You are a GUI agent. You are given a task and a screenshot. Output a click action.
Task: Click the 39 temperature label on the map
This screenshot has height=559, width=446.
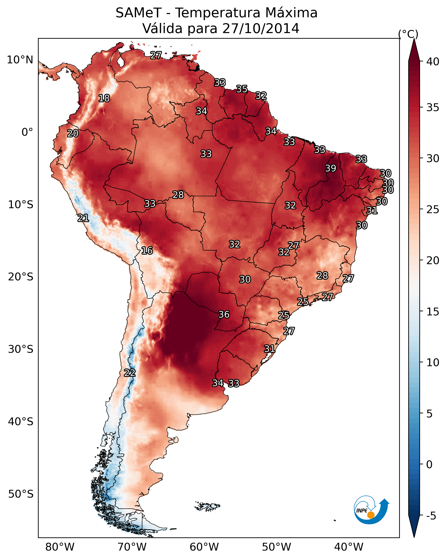click(331, 168)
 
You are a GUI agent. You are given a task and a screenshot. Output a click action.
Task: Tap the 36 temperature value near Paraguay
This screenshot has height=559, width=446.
click(224, 315)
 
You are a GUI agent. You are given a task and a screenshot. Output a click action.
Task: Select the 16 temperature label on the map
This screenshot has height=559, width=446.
click(147, 251)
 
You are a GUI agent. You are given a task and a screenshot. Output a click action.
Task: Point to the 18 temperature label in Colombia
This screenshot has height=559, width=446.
click(104, 98)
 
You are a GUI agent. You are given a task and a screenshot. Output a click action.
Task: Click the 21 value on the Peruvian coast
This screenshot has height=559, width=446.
click(83, 218)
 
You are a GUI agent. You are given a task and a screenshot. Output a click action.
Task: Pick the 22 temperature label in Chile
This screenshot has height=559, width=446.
click(130, 373)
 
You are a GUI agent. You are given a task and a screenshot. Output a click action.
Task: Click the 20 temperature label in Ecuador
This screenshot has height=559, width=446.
click(73, 134)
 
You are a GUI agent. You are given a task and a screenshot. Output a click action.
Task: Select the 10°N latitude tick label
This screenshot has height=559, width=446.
click(20, 60)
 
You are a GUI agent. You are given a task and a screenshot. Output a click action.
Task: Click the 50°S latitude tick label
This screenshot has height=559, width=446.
click(21, 494)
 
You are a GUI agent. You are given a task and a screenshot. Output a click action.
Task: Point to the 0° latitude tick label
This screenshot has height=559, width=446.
click(27, 132)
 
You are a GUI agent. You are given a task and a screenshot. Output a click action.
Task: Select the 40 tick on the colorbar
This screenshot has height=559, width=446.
click(433, 62)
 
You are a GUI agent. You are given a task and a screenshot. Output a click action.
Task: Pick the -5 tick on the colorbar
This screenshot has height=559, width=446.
click(431, 516)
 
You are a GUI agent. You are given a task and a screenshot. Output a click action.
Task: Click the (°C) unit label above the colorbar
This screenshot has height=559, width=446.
click(408, 34)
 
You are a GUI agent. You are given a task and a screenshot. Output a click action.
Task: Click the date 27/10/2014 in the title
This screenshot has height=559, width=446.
click(261, 28)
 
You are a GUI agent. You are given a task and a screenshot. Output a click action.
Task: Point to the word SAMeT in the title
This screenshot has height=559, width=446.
click(139, 13)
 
